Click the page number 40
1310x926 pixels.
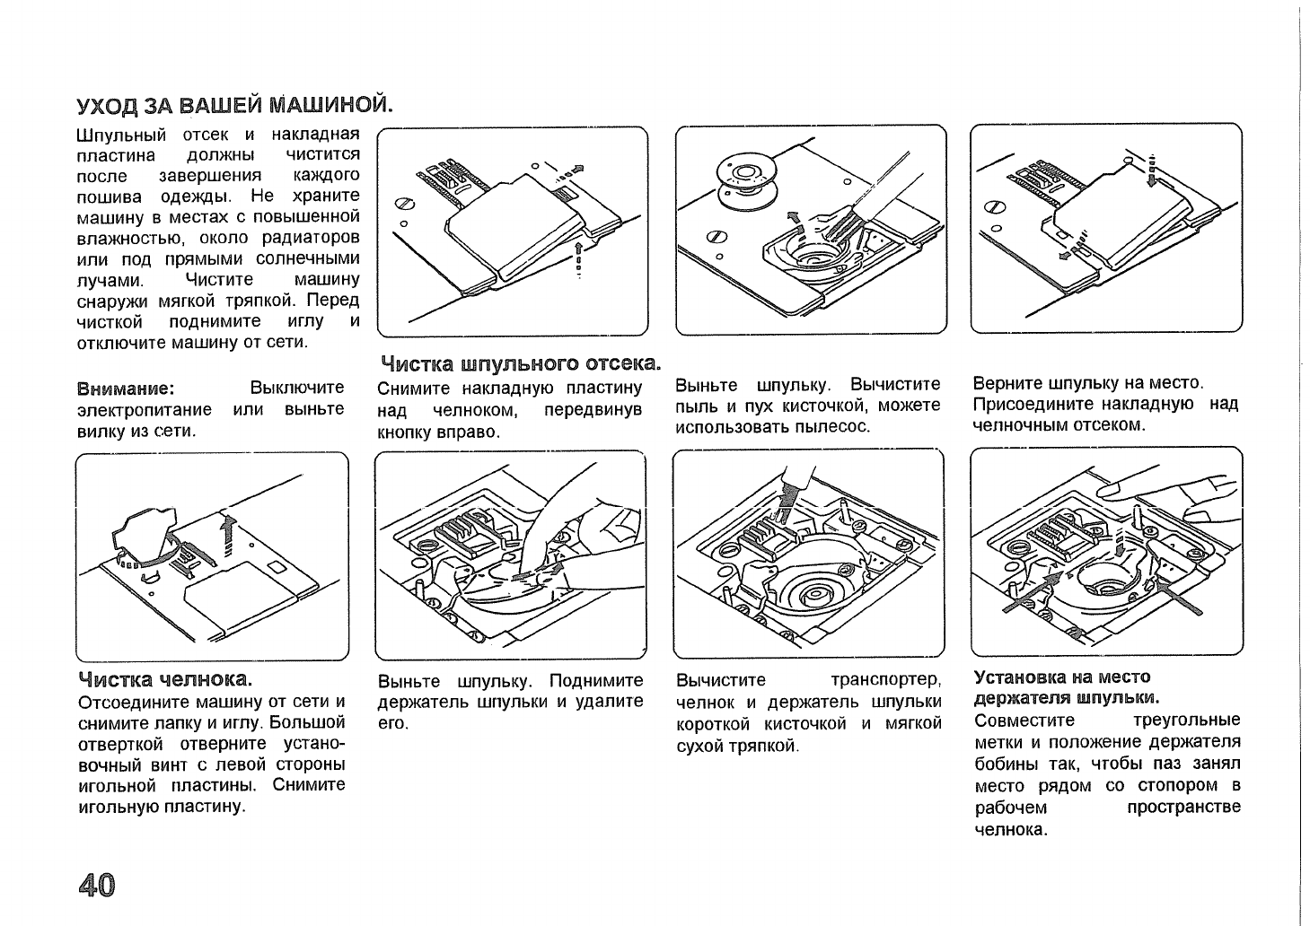coord(96,885)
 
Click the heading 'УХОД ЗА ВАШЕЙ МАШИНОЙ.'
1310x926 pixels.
coord(235,106)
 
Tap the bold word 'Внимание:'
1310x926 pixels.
coord(126,388)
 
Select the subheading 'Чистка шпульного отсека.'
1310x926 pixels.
coord(521,363)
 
